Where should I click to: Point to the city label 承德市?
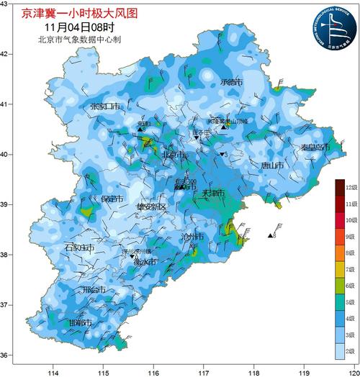232,83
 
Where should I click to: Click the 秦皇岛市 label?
315,147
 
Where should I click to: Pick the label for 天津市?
213,194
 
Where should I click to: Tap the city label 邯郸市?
81,323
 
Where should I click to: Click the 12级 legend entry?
351,188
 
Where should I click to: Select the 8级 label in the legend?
351,253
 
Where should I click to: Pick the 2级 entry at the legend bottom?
351,353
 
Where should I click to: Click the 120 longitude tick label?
351,373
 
